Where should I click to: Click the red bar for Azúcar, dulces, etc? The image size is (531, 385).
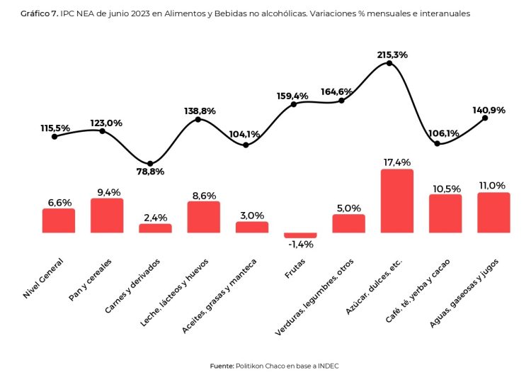[x=396, y=201]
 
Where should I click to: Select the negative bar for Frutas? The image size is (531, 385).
[x=300, y=235]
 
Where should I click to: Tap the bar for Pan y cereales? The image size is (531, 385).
[x=107, y=216]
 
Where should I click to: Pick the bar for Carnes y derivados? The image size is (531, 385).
[x=155, y=228]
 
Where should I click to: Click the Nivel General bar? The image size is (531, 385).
[x=59, y=221]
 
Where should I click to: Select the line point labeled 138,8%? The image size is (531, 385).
[x=198, y=119]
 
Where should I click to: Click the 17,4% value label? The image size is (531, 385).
[x=396, y=162]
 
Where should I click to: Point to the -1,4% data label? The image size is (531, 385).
[x=300, y=245]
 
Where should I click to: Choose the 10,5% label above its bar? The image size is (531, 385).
[x=445, y=188]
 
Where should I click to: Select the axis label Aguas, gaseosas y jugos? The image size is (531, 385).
[x=467, y=293]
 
